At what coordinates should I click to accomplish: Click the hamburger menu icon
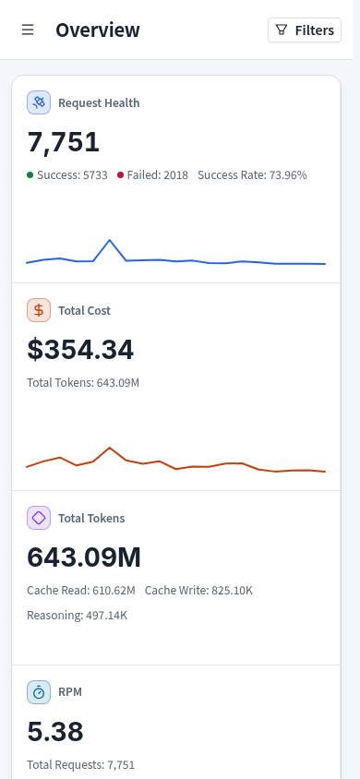28,30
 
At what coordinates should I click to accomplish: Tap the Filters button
305,30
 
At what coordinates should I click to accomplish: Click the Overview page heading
98,30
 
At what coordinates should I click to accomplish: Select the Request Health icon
39,102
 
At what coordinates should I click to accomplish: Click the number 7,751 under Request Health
63,142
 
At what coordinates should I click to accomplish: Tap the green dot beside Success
30,174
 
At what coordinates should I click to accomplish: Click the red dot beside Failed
120,174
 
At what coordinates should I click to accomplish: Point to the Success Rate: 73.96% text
252,174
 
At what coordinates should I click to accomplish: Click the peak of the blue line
110,240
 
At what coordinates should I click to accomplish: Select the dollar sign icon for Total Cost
39,310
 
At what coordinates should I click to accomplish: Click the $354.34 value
80,350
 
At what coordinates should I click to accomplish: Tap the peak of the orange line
110,448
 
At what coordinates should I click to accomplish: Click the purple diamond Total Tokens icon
39,518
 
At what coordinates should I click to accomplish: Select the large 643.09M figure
84,557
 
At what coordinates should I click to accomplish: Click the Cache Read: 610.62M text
81,590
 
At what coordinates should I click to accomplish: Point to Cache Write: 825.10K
198,590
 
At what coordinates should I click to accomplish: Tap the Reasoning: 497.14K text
77,615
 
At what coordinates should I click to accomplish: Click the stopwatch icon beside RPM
39,692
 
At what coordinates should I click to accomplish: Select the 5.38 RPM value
55,732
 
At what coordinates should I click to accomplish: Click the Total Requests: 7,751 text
80,764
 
